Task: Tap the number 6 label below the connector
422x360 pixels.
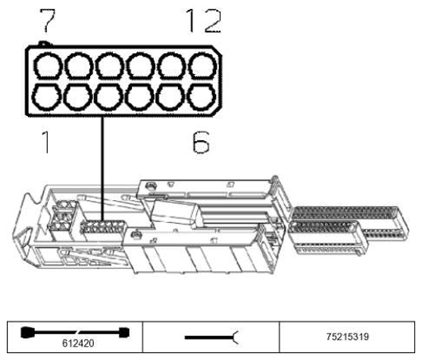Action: tap(198, 142)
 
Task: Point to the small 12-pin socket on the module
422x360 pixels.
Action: tap(102, 229)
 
